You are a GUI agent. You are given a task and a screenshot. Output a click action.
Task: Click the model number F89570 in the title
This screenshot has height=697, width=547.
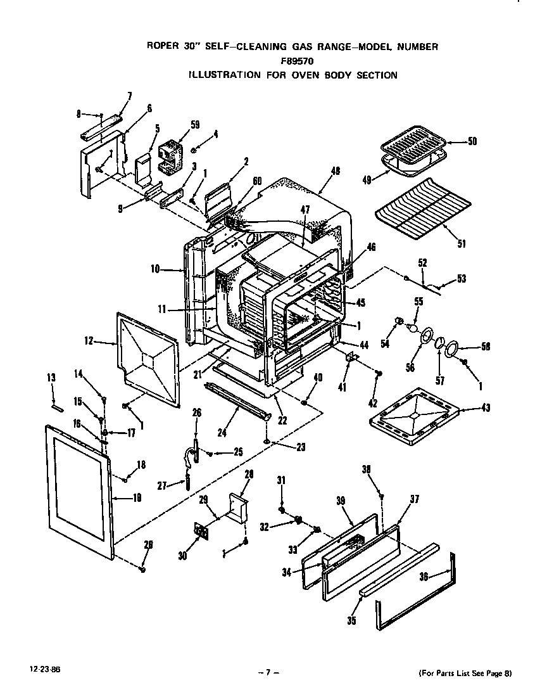(292, 61)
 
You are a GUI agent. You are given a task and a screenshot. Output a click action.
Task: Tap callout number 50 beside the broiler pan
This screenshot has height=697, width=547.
(472, 142)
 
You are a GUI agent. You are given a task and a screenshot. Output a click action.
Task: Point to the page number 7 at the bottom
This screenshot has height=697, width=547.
(269, 673)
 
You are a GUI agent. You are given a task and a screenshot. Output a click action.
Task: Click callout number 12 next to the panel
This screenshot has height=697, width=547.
(88, 342)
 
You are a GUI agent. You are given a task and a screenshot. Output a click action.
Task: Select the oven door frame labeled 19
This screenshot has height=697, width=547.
(76, 485)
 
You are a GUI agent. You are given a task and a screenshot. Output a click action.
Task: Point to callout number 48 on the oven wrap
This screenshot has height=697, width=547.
(335, 171)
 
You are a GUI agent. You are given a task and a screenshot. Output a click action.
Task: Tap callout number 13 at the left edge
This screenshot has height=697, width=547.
(51, 378)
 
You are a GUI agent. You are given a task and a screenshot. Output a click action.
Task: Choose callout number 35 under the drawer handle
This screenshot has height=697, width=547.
(351, 621)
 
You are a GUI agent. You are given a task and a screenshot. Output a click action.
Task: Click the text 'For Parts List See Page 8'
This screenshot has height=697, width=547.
(465, 674)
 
